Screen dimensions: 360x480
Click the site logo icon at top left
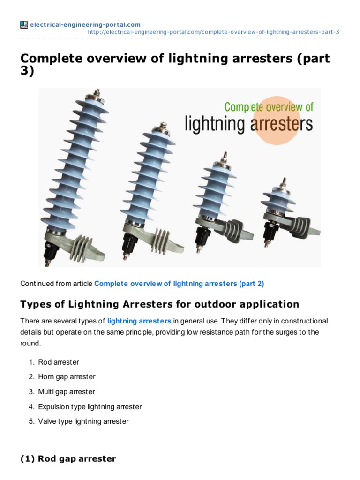point(24,24)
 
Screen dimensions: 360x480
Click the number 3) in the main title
point(27,73)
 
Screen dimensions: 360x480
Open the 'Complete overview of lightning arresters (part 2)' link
point(180,284)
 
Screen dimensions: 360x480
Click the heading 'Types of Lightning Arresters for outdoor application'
point(159,304)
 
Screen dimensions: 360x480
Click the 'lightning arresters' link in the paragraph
point(139,321)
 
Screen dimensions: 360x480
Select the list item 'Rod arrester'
point(59,362)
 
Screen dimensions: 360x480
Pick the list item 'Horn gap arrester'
point(67,377)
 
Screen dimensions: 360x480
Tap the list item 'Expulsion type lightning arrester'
point(90,407)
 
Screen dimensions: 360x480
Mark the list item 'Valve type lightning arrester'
point(83,421)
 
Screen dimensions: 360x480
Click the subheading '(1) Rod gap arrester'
point(68,459)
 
